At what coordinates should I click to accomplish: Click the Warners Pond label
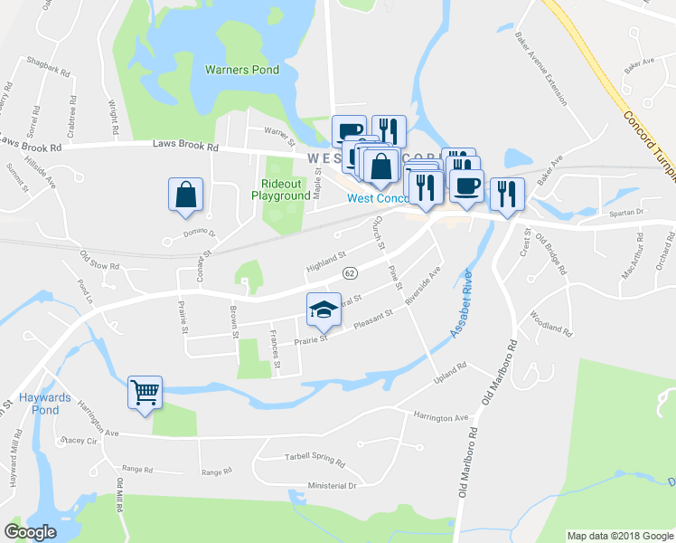click(241, 70)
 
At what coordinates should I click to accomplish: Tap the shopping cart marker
click(145, 393)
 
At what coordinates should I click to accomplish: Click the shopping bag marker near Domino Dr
click(185, 195)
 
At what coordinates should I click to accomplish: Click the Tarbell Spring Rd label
click(315, 458)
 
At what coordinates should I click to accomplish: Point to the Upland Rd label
click(448, 371)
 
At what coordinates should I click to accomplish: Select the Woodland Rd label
click(551, 324)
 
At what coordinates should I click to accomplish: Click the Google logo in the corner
click(30, 531)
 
